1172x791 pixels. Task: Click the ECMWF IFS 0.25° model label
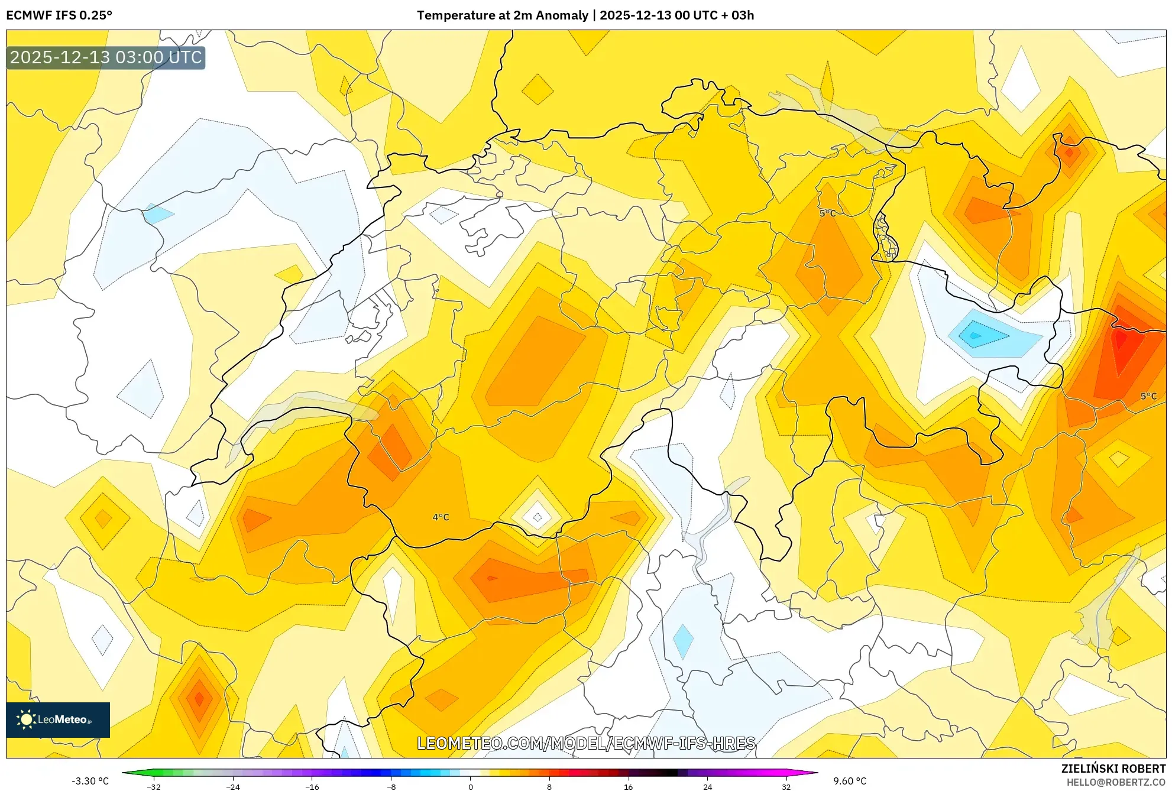click(x=59, y=15)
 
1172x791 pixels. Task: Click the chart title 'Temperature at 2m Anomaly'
click(x=503, y=15)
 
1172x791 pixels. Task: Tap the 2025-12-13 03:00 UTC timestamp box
click(x=106, y=58)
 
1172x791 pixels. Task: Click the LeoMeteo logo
click(x=58, y=719)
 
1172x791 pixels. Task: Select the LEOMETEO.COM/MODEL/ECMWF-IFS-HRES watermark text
click(x=586, y=743)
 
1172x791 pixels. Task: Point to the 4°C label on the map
click(x=441, y=517)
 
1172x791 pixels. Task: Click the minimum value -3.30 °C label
click(x=90, y=781)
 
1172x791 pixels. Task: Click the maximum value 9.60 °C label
click(x=850, y=781)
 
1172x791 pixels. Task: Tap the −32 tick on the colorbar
click(x=154, y=787)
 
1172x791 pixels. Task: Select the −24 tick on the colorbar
click(x=233, y=787)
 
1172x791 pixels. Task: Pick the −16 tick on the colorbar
click(x=312, y=787)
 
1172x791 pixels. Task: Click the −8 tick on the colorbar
click(x=391, y=787)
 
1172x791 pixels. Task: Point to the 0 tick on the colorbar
click(x=471, y=787)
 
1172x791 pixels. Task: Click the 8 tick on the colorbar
click(x=549, y=787)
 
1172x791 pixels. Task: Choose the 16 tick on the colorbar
click(x=629, y=787)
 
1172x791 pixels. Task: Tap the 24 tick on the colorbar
click(x=707, y=787)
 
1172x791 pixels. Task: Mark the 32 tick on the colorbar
click(x=786, y=787)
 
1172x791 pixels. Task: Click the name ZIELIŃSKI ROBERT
click(x=1113, y=769)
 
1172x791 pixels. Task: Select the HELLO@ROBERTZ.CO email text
click(x=1116, y=782)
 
